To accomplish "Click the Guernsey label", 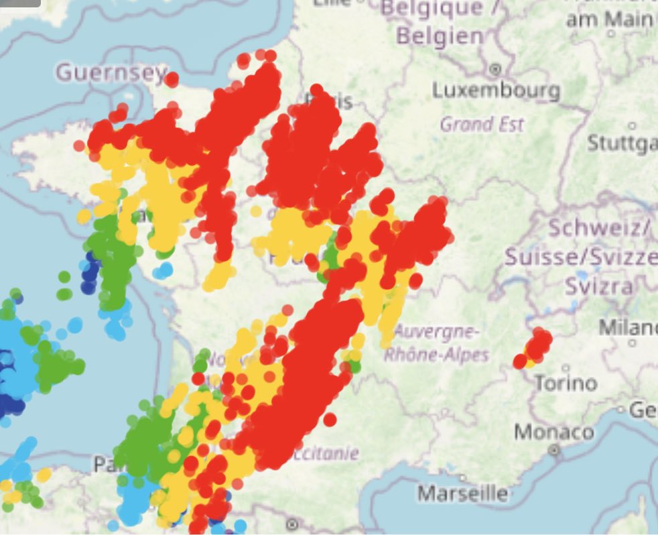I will point(111,72).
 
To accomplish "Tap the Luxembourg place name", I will point(496,90).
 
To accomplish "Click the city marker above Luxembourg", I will point(496,68).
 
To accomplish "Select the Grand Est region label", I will point(482,124).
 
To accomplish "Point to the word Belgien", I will point(439,36).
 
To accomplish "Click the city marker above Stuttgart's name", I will point(631,125).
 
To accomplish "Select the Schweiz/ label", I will point(599,228).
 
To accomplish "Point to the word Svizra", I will point(598,286).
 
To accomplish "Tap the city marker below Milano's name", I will point(632,343).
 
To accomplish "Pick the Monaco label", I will point(554,432).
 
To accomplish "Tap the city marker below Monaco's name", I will point(554,450).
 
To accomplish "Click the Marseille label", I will point(463,494).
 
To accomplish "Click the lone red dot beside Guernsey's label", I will point(172,79).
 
